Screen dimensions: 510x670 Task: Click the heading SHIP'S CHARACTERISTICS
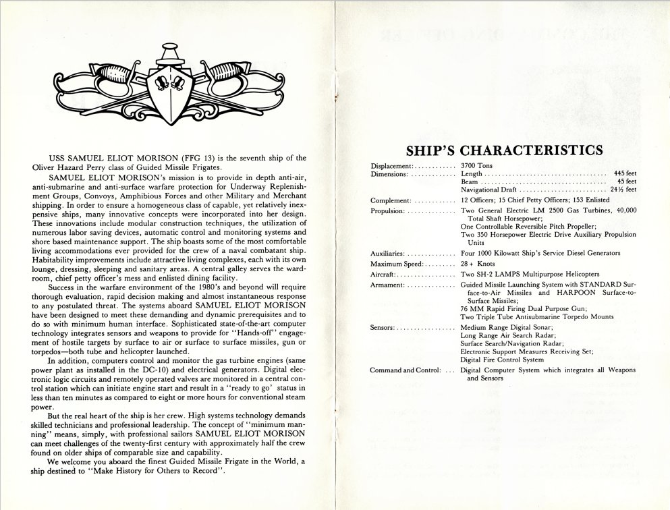tap(503, 150)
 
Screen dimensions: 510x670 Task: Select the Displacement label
tap(391, 166)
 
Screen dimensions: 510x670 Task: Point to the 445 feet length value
tap(625, 174)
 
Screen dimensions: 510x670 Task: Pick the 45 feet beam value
tap(627, 182)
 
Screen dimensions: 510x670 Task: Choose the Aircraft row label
tap(385, 275)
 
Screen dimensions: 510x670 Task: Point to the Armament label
tap(387, 286)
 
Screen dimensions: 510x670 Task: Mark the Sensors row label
tap(383, 327)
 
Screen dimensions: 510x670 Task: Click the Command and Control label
tap(405, 370)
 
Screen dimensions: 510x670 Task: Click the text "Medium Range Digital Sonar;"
tap(504, 327)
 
